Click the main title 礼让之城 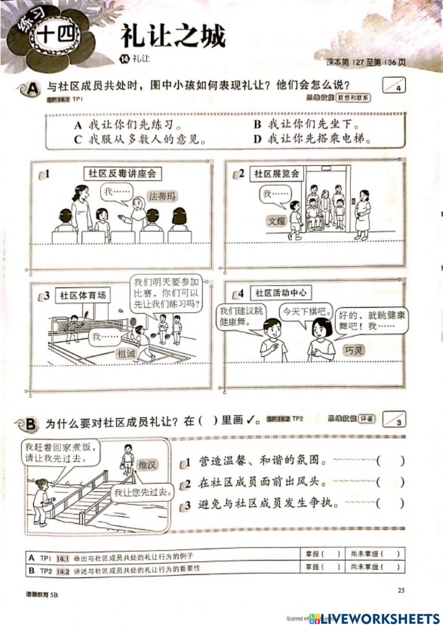point(173,36)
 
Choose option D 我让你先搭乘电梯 point(312,139)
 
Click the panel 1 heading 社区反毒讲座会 point(122,174)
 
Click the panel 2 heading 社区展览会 point(276,174)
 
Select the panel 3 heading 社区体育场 point(83,295)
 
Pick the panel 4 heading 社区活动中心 point(280,293)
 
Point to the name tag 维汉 point(148,465)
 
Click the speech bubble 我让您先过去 point(142,492)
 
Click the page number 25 point(401,590)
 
